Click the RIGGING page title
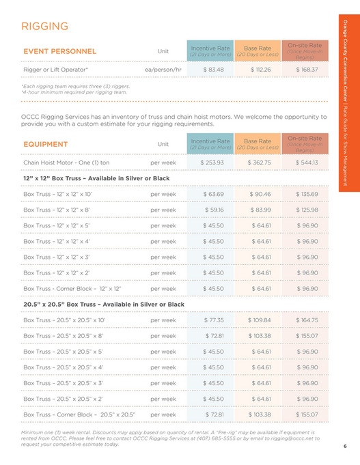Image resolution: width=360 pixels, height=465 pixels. pos(45,26)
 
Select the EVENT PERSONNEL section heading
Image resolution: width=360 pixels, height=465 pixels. pos(59,51)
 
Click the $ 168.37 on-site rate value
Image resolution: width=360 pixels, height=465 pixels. pos(307,70)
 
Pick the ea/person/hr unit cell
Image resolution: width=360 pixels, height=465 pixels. pos(163,70)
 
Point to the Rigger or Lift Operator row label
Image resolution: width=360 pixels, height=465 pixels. pos(56,70)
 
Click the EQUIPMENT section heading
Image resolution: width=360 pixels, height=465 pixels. pos(45,144)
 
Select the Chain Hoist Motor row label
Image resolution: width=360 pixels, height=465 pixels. pos(66,163)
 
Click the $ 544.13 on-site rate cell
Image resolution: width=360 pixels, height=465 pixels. pos(307,163)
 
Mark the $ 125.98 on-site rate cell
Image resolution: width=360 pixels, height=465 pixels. pos(307,210)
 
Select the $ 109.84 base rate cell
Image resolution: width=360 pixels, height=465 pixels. pos(260,320)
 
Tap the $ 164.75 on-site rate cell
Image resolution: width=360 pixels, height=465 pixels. pos(307,320)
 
